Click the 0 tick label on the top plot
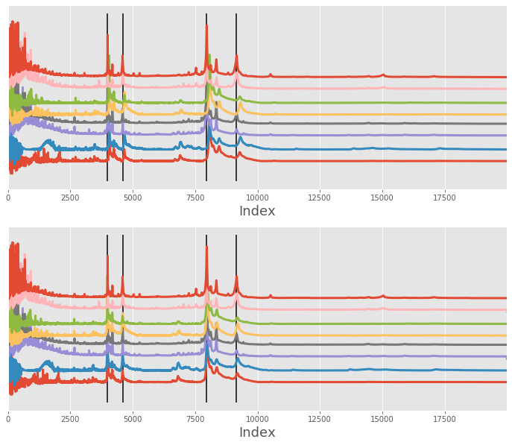8,198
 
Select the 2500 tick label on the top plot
71,198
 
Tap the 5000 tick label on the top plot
133,198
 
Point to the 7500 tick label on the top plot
195,198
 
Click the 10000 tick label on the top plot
257,198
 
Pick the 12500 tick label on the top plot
320,198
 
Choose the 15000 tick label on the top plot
382,198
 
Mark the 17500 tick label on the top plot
444,198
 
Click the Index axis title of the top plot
257,211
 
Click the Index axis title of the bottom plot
257,432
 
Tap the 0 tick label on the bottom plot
8,419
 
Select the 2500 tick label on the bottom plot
71,419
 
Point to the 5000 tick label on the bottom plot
133,419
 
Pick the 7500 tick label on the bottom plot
195,419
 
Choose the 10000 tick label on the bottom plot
257,419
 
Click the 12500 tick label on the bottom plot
320,419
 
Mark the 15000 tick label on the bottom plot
382,419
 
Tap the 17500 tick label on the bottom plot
444,419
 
